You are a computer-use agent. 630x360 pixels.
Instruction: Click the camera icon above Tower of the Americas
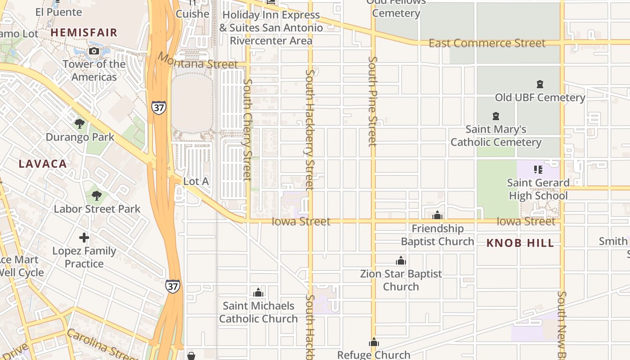point(94,51)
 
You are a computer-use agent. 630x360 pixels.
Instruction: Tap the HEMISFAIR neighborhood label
point(84,32)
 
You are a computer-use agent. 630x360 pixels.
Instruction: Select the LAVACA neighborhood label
point(43,164)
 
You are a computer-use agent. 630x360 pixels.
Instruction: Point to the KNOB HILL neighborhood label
point(520,243)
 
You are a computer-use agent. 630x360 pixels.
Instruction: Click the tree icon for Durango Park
point(80,123)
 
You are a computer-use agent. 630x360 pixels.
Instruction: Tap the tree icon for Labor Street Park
point(96,195)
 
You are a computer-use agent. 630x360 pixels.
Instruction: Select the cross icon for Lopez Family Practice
point(84,238)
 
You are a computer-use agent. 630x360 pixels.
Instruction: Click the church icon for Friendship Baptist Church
point(437,216)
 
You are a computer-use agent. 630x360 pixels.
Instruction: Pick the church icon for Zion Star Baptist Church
point(400,261)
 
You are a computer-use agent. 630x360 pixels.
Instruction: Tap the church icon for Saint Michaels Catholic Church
point(258,293)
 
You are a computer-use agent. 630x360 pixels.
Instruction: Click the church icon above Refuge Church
point(373,342)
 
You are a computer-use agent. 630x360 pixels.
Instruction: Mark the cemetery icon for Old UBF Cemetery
point(540,84)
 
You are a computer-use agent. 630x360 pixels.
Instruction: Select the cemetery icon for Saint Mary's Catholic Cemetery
point(496,116)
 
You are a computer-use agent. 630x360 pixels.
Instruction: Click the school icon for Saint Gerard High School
point(538,170)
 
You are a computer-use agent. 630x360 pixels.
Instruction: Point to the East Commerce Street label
point(487,43)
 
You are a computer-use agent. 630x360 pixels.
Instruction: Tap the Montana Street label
point(197,62)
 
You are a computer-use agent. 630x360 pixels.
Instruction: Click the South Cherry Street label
point(247,130)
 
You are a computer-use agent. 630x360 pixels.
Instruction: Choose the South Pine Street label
point(372,101)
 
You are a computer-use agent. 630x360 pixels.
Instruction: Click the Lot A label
point(196,181)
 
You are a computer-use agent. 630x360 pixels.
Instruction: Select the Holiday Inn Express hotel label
point(271,27)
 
